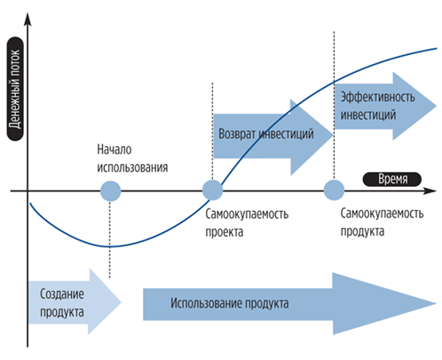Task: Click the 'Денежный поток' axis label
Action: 15,89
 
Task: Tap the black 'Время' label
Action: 392,179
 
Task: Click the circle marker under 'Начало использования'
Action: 110,191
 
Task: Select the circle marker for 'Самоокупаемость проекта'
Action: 212,191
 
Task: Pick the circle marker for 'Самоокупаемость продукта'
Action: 334,190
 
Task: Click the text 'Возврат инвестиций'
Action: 266,134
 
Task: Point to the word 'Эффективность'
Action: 377,97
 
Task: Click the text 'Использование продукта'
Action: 230,303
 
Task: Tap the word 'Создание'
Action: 62,293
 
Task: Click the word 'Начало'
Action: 114,150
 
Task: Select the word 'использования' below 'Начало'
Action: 132,168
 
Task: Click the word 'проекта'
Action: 225,232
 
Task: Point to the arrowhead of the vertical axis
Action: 28,19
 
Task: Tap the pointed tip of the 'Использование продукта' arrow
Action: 436,303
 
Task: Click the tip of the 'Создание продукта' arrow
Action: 121,301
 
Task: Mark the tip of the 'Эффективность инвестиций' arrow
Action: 437,106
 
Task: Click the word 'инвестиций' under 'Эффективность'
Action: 368,114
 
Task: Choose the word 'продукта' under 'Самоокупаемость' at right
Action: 362,231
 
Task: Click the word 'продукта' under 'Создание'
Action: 62,312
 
